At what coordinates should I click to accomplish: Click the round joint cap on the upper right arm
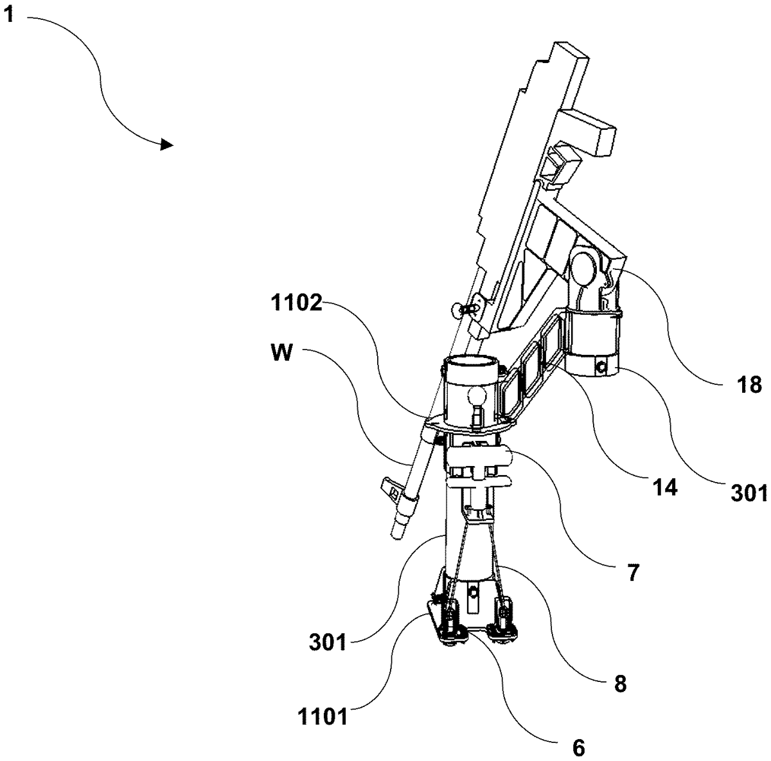point(585,265)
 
